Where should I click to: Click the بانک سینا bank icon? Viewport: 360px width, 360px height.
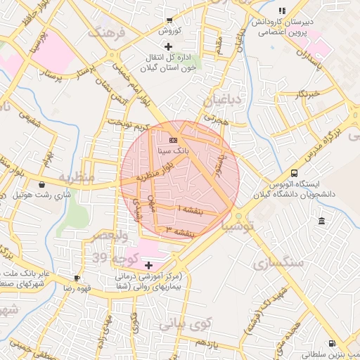click(173, 141)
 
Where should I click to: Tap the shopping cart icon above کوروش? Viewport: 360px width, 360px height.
click(169, 20)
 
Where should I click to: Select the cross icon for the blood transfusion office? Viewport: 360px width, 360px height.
click(167, 46)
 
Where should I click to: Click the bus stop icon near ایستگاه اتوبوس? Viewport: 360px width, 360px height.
click(293, 173)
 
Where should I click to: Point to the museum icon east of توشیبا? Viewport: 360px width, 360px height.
click(321, 222)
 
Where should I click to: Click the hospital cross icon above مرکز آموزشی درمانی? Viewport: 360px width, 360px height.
click(148, 265)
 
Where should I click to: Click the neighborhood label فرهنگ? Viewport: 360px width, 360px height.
click(106, 32)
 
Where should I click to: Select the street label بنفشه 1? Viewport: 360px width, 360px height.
click(190, 210)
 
